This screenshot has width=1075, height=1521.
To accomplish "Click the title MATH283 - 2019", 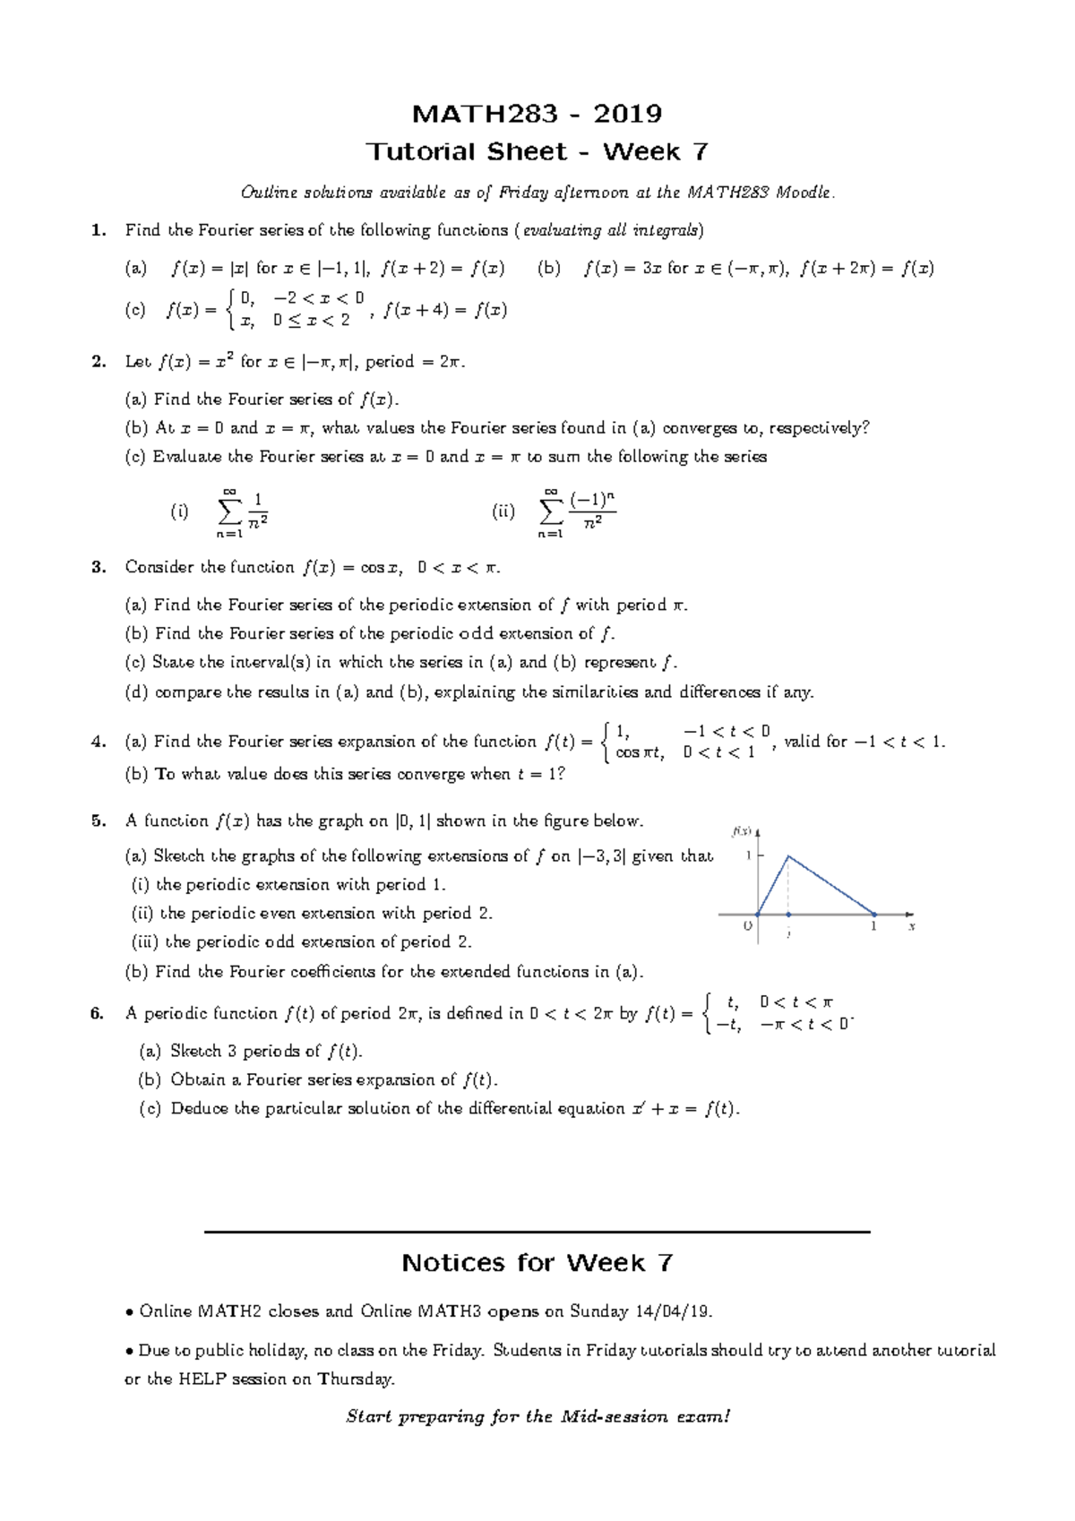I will tap(537, 114).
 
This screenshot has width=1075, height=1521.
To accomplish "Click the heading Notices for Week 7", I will tap(537, 1263).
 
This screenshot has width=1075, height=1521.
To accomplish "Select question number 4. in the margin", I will tap(99, 742).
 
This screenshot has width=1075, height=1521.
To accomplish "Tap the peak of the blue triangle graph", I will tap(788, 856).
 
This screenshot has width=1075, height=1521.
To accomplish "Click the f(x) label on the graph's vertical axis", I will tap(742, 831).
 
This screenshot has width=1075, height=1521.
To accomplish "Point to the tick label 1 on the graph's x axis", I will tap(873, 927).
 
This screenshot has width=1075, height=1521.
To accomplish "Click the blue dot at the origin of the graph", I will tap(758, 915).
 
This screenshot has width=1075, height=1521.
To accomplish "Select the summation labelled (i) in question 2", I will tap(242, 512).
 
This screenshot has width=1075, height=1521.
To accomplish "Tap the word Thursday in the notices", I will tap(355, 1379).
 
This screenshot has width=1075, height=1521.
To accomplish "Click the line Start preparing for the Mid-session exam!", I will tap(537, 1417).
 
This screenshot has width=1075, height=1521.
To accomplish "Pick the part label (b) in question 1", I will tap(548, 268).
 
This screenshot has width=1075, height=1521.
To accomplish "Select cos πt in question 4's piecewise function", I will tap(640, 752).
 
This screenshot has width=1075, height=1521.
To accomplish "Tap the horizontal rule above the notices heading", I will tap(537, 1233).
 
